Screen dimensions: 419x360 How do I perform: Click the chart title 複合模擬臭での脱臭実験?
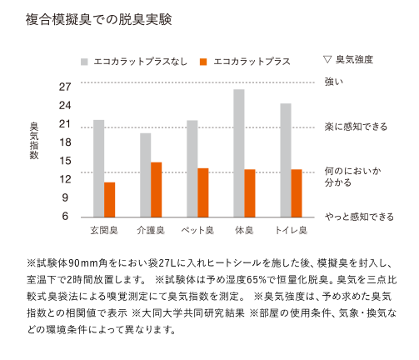[99, 19]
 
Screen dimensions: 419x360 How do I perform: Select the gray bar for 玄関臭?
[98, 168]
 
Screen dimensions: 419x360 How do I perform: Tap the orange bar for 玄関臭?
[109, 200]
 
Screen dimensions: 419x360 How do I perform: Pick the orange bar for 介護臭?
[156, 190]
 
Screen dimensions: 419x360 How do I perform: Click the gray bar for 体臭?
[239, 153]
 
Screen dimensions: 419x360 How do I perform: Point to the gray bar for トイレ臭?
[286, 160]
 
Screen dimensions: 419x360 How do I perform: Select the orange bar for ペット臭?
[203, 192]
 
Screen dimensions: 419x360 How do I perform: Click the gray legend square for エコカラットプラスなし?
[84, 62]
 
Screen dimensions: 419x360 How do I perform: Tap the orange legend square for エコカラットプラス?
[203, 62]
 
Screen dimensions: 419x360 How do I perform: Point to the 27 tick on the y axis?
[65, 87]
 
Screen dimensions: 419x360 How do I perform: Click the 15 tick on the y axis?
[65, 161]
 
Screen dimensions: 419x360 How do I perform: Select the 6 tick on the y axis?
[65, 216]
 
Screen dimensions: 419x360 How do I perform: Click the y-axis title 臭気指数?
[34, 141]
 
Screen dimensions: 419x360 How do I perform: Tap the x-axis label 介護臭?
[151, 230]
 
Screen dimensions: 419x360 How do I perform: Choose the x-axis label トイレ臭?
[291, 230]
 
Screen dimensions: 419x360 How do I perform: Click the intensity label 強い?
[334, 82]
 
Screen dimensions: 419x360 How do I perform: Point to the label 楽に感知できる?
[356, 127]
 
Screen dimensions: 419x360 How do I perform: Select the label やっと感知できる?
[359, 217]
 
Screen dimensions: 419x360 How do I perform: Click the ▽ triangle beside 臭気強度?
[327, 59]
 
